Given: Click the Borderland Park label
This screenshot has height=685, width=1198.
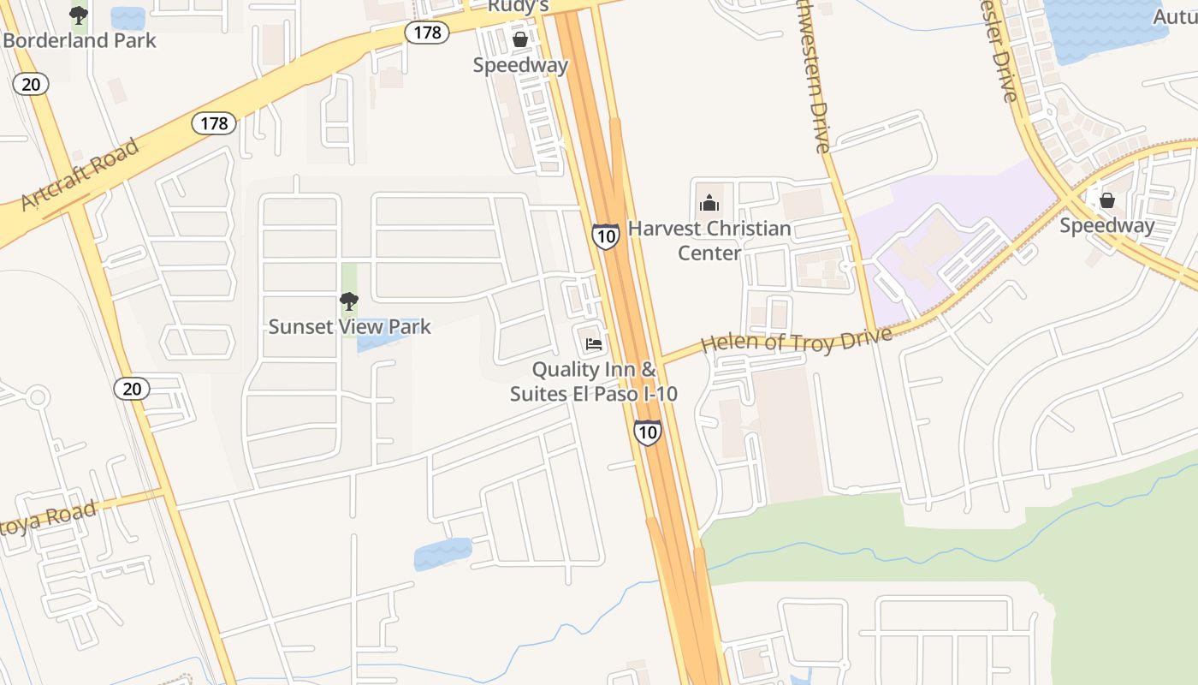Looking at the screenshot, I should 80,40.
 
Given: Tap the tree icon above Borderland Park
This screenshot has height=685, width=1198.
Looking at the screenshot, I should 78,15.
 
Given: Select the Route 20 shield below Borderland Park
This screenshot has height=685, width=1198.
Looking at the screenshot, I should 31,84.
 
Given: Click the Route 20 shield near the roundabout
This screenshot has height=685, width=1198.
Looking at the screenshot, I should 132,389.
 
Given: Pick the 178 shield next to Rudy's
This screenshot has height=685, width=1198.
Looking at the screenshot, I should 427,33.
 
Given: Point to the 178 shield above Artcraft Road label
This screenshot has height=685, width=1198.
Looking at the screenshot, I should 214,123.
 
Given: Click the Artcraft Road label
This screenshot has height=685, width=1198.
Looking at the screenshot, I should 80,175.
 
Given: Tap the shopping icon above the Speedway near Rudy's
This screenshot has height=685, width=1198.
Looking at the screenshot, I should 519,39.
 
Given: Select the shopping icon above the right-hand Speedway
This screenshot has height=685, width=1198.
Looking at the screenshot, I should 1107,200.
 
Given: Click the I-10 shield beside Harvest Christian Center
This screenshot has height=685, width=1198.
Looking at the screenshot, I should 606,235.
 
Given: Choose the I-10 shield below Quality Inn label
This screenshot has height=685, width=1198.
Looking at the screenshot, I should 648,432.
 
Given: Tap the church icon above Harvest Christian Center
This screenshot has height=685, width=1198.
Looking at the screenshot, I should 709,203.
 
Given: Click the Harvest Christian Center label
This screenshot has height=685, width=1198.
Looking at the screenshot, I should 709,241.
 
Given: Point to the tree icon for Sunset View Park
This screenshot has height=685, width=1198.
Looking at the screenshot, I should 348,301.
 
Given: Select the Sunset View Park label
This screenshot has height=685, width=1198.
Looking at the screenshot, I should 350,326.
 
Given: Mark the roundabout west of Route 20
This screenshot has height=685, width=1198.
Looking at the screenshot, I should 36,397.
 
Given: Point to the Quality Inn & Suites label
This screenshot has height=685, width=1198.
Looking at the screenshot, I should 594,382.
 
